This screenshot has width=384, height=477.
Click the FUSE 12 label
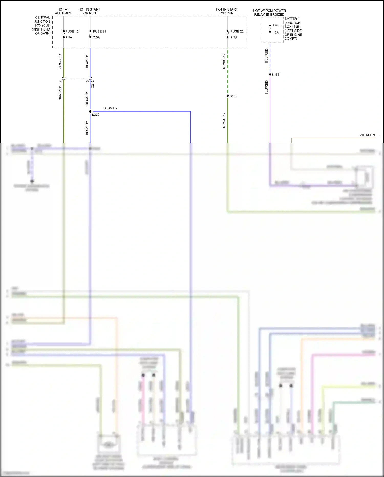coord(72,31)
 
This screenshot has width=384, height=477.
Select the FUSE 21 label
coord(99,31)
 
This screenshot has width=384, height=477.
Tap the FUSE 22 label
coord(237,31)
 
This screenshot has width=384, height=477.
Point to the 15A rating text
coord(276,32)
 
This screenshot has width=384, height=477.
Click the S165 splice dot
coord(270,75)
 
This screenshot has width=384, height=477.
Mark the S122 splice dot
coord(228,96)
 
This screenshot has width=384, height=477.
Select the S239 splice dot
coord(90,111)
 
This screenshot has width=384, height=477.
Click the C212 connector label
coord(93,84)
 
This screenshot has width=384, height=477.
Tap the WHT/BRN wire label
coord(367,135)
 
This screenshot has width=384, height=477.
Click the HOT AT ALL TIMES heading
coord(63,11)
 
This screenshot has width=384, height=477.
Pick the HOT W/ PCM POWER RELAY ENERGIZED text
coord(269,13)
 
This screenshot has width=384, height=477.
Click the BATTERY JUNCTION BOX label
coord(293,28)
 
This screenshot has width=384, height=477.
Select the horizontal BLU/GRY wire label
coord(111,108)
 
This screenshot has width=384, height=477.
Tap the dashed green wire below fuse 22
coord(228,72)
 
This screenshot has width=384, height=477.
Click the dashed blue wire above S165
coord(270,59)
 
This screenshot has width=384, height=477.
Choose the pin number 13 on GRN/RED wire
coord(61,82)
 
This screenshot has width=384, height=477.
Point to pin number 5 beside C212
coord(87,82)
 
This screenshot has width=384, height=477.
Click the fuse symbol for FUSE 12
coord(64,34)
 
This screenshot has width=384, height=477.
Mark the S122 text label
coord(233,96)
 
